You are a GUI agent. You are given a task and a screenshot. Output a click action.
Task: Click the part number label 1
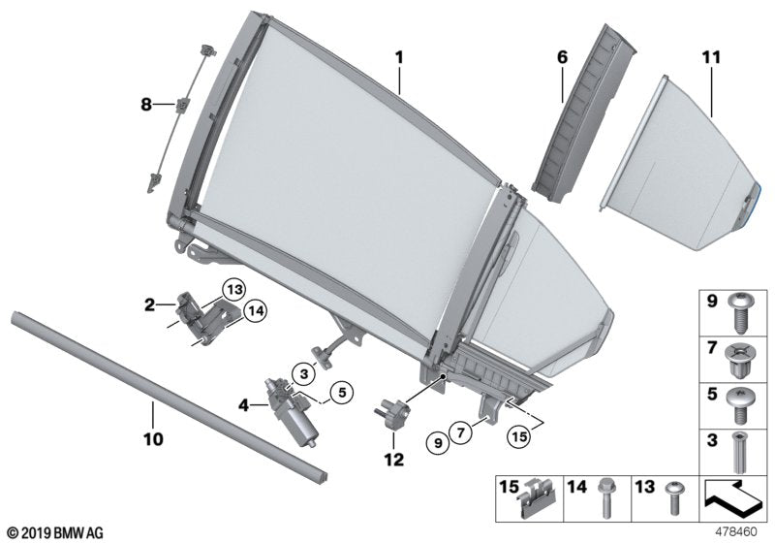tap(398, 59)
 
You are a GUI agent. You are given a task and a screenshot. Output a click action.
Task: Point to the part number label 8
tap(146, 104)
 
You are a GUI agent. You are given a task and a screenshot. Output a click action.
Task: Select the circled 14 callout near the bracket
tap(256, 310)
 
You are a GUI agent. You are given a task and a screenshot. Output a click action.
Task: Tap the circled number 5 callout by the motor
tap(339, 394)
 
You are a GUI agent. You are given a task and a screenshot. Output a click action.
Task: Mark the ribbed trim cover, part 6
tap(575, 116)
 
